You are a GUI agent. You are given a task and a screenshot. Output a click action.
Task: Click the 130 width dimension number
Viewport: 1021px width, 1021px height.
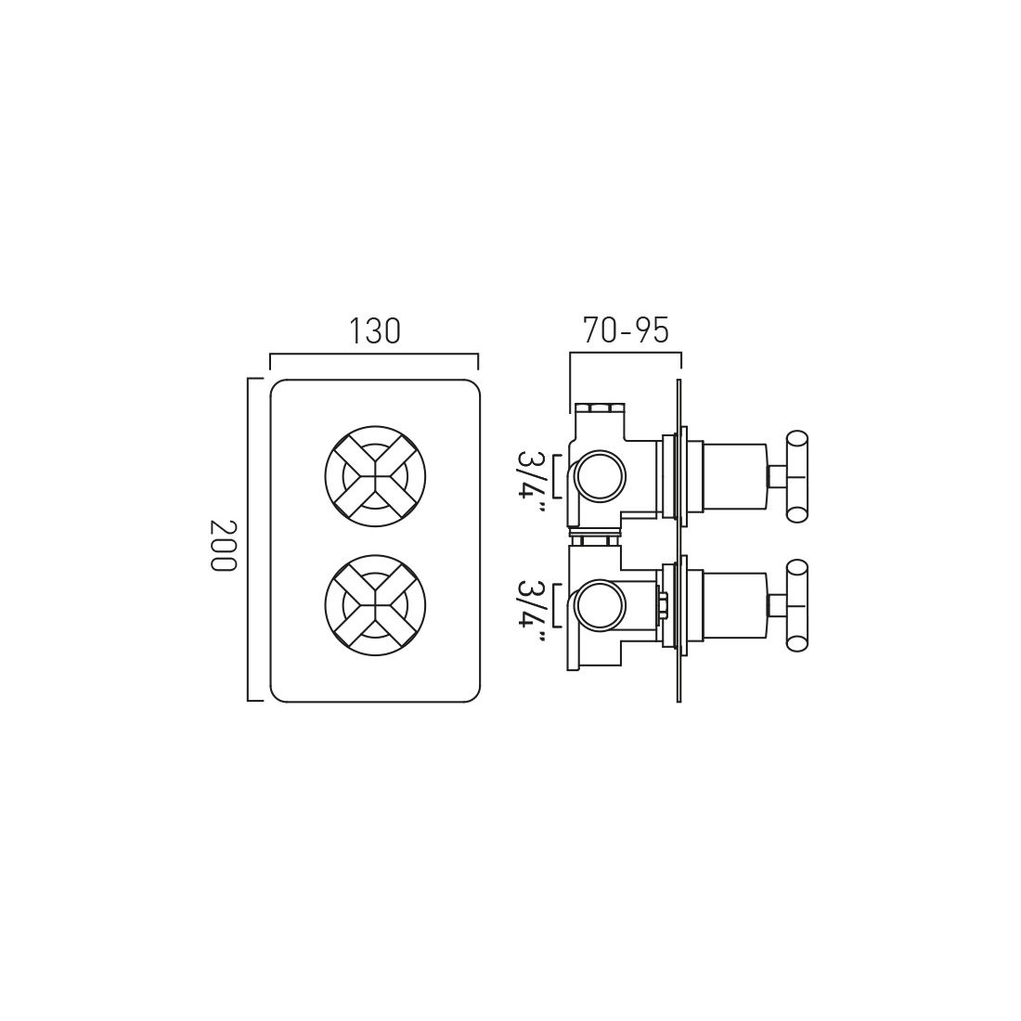(374, 331)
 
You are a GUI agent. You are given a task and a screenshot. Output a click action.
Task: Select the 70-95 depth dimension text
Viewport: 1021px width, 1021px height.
(626, 331)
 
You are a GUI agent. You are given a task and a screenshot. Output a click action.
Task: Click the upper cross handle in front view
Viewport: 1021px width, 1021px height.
(374, 475)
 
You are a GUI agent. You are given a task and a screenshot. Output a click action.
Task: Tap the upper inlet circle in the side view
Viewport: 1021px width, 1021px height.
(601, 477)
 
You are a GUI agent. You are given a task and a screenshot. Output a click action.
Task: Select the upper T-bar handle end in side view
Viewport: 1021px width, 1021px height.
(797, 476)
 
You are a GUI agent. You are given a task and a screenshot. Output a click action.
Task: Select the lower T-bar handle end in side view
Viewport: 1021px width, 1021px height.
(797, 606)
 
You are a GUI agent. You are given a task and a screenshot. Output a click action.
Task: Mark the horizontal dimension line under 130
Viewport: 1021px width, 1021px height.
(374, 355)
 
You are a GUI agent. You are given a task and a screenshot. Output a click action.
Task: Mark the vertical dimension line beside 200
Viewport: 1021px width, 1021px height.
(249, 539)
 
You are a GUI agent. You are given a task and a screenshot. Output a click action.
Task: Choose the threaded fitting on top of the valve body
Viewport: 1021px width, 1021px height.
(602, 407)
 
